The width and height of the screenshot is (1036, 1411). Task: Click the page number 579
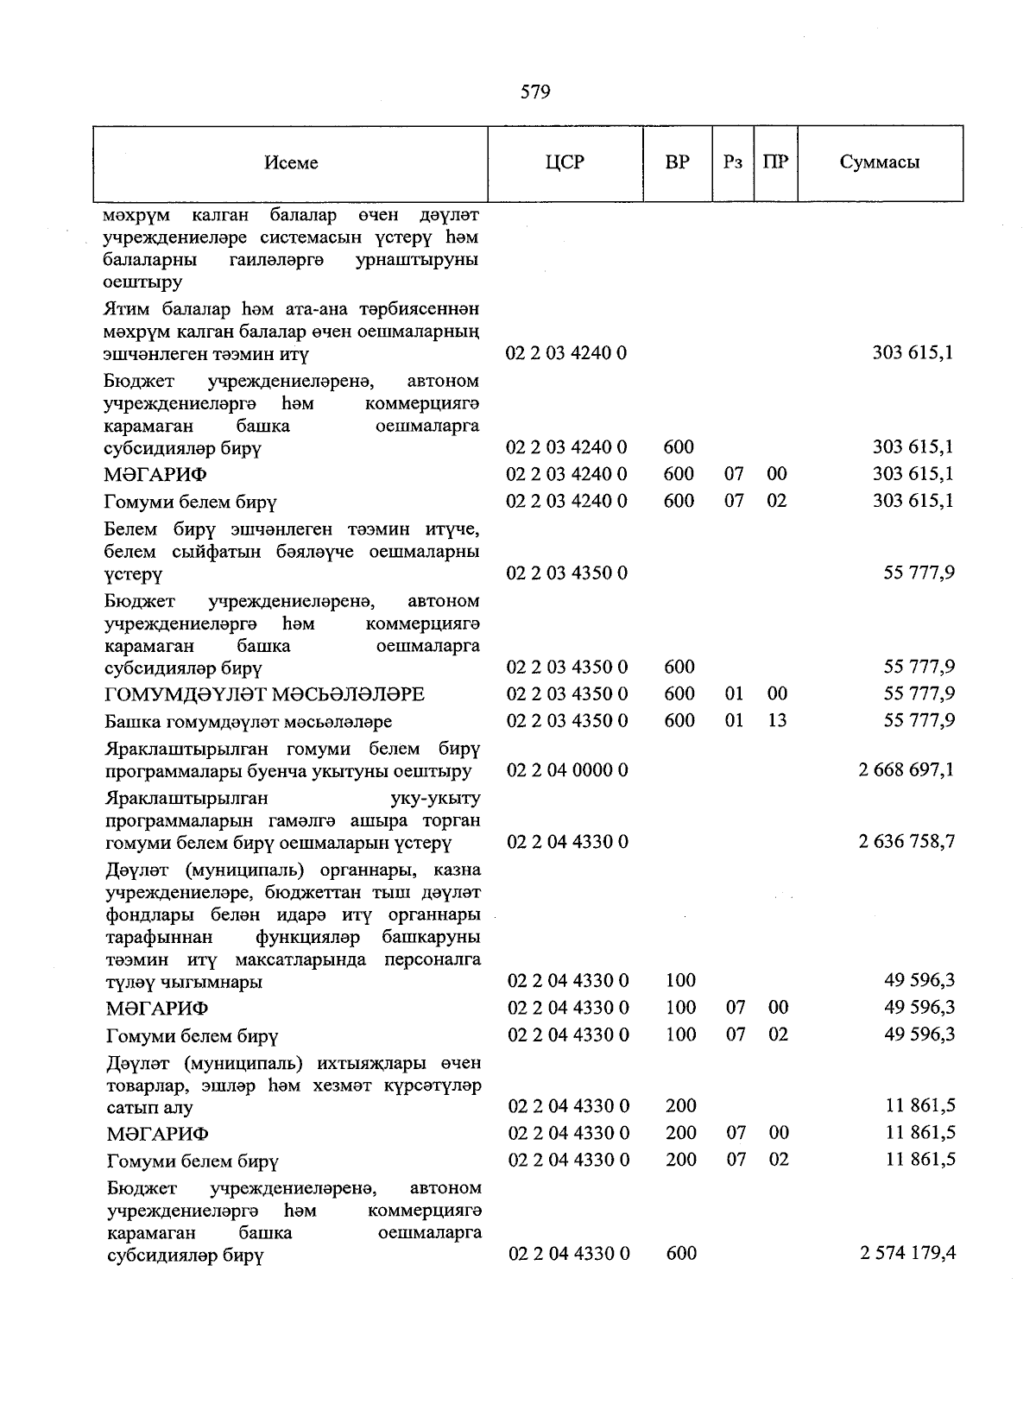click(535, 92)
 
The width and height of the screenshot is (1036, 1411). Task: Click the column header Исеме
click(291, 162)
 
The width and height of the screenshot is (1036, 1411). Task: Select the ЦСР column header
click(565, 161)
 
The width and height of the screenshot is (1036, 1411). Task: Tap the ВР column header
click(678, 161)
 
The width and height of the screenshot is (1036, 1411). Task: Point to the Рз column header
click(733, 161)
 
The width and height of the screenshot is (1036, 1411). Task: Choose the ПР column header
click(775, 161)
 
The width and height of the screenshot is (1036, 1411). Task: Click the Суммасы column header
click(879, 161)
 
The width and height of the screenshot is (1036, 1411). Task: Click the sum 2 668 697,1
click(906, 769)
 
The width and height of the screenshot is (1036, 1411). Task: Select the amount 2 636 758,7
click(906, 841)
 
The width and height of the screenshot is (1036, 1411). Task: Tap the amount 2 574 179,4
click(907, 1253)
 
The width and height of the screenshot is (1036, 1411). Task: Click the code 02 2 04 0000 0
click(567, 769)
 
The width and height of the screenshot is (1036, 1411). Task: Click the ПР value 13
click(777, 720)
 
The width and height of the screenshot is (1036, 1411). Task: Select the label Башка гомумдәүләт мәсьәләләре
click(249, 721)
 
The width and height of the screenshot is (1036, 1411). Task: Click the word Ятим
click(124, 309)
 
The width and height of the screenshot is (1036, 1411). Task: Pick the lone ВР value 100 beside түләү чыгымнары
click(681, 980)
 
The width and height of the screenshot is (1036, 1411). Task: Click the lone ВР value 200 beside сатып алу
click(681, 1105)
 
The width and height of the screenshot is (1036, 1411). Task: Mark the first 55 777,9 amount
click(919, 573)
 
